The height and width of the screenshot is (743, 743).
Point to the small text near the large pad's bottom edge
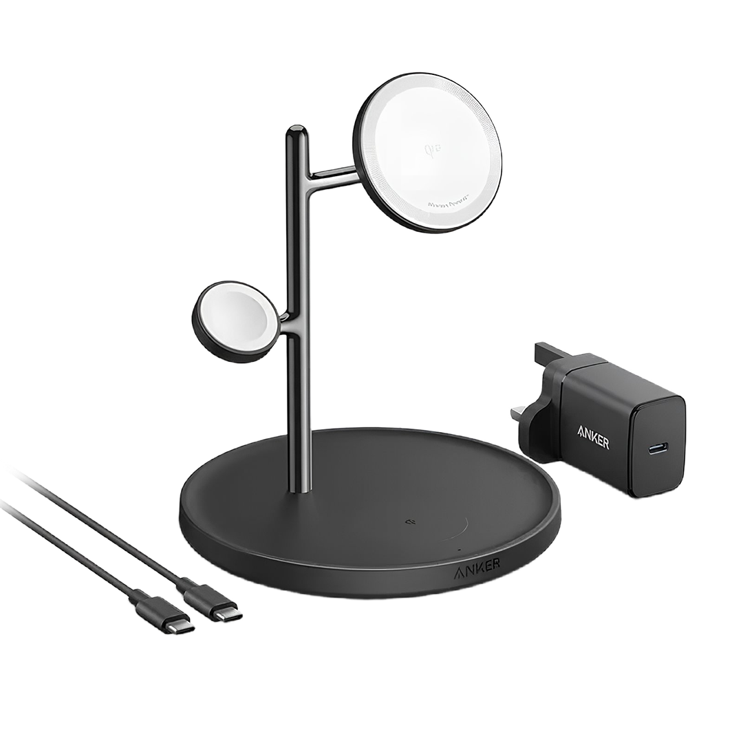point(448,204)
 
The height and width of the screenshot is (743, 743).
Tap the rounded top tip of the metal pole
point(296,129)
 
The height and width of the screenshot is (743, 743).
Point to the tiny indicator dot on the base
point(459,550)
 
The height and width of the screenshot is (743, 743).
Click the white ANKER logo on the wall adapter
point(592,438)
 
